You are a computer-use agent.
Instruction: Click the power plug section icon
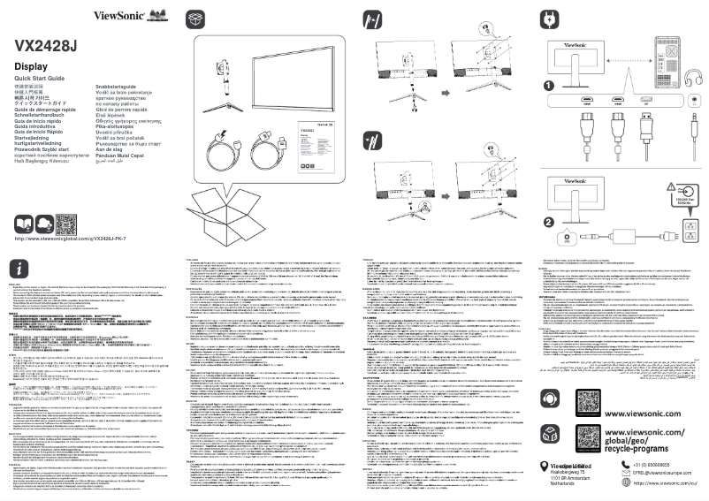550,19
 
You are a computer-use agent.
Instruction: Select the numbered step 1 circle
549,86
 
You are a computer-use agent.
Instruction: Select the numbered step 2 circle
549,222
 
